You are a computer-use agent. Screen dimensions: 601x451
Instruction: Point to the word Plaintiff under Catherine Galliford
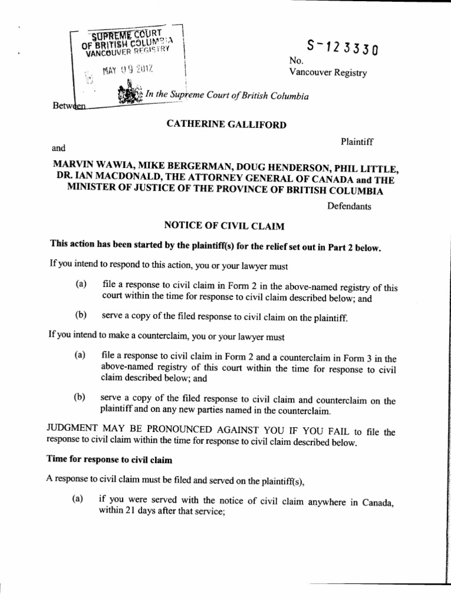358,141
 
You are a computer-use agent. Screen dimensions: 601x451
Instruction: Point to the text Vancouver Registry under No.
328,73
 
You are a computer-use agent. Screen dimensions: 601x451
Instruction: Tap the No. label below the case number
295,60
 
